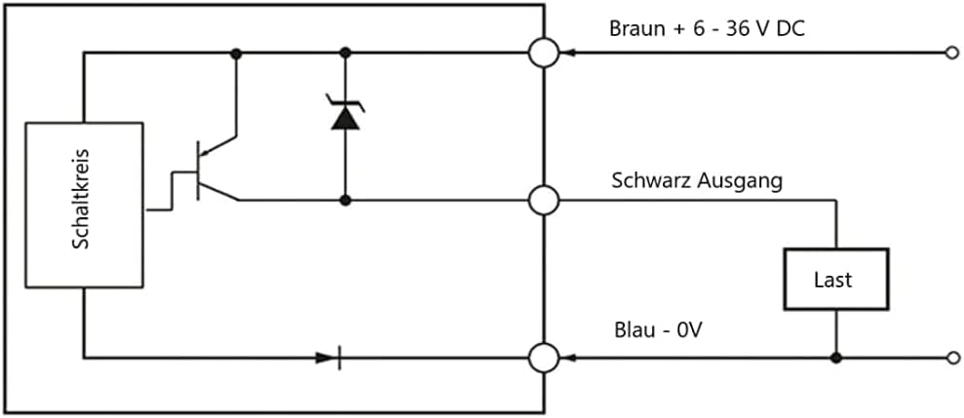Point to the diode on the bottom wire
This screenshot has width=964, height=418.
pos(328,358)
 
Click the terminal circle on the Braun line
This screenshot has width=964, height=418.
pos(544,52)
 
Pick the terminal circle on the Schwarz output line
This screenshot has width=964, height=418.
pos(544,200)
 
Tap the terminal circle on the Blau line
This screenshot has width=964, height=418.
pos(544,358)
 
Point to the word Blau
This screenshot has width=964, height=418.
pos(635,330)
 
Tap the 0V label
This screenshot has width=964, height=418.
pos(688,330)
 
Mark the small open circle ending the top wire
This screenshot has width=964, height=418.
pos(951,52)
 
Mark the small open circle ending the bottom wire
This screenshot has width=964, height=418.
pos(951,358)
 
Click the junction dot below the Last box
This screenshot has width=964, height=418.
pos(835,358)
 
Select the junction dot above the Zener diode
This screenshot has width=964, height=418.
pos(344,52)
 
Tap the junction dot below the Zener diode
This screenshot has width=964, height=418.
pos(344,200)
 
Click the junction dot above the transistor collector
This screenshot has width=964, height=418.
pos(237,52)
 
